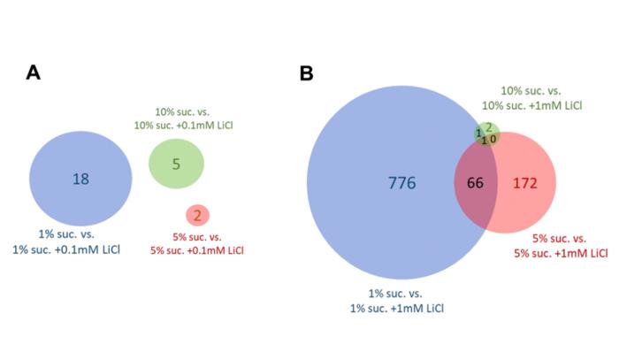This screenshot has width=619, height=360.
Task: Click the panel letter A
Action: click(x=33, y=73)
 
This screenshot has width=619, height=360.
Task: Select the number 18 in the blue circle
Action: click(x=80, y=179)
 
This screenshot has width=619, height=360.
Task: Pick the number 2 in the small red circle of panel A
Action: click(x=197, y=215)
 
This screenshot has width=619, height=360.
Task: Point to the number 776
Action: click(x=401, y=183)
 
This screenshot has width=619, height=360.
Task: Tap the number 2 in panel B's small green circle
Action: click(x=488, y=127)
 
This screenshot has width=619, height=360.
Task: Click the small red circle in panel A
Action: click(x=197, y=215)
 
